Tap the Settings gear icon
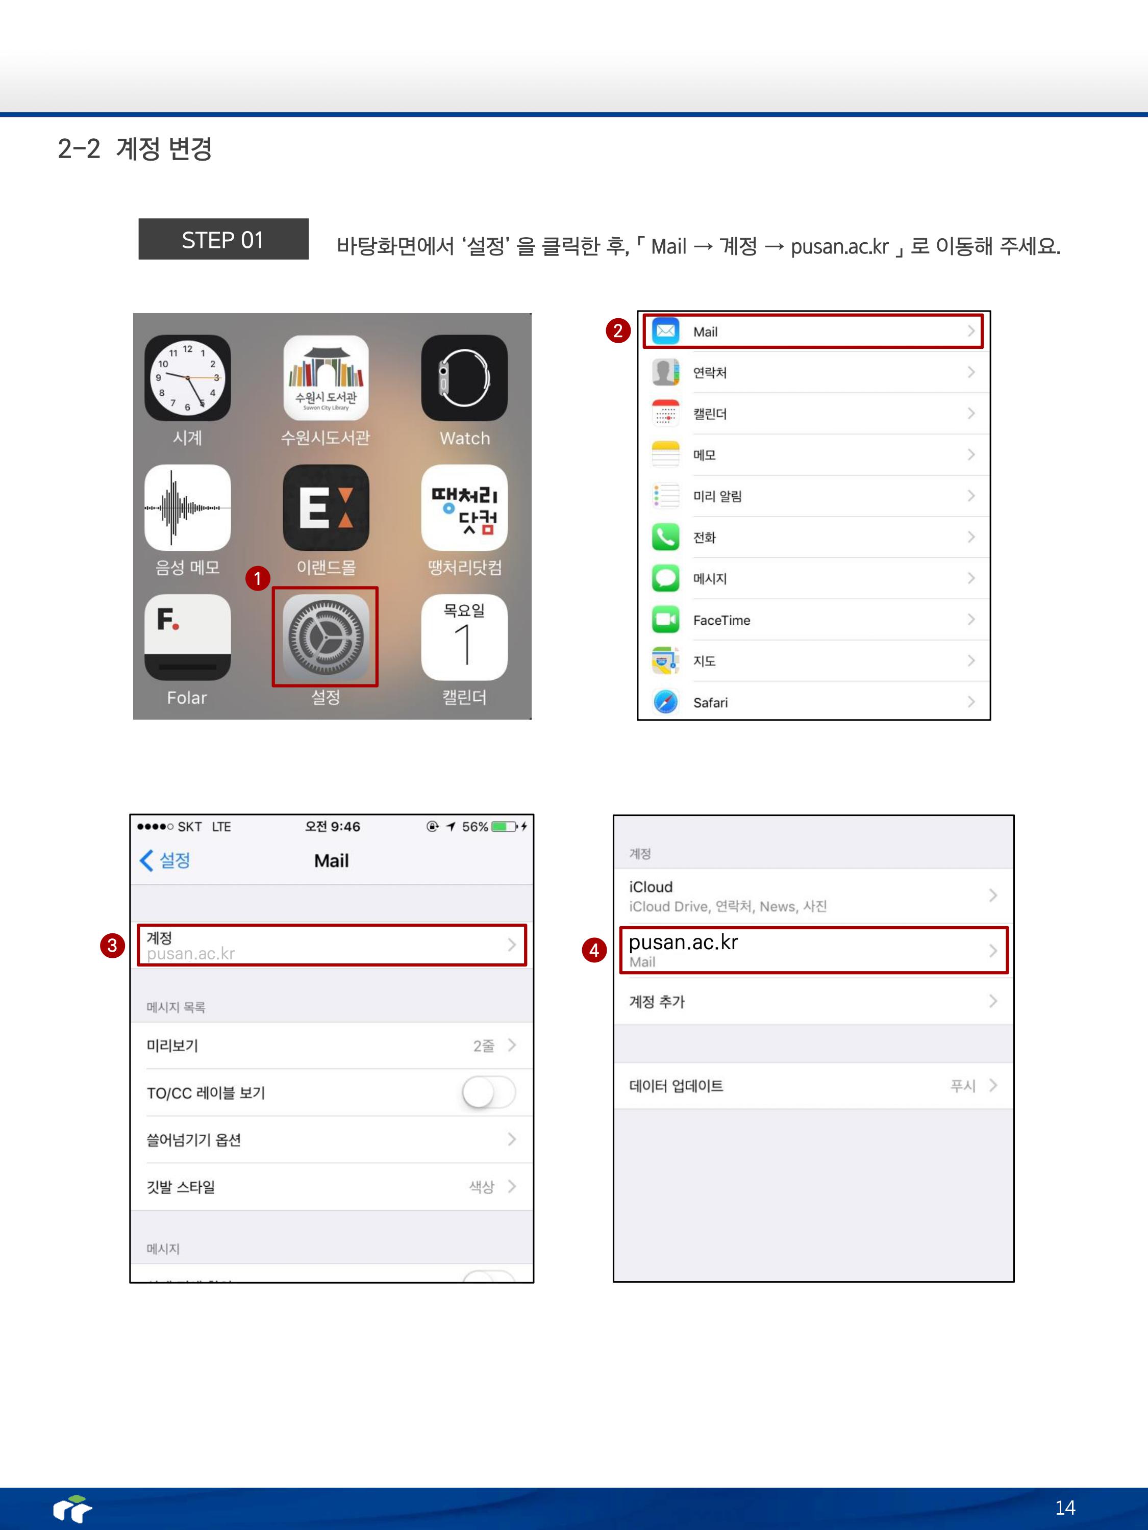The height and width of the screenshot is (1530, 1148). coord(325,637)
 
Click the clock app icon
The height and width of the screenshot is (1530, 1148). coord(188,378)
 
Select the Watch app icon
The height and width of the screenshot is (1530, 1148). coord(464,378)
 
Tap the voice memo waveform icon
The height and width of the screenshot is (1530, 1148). coord(188,507)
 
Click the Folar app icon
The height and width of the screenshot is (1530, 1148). coord(188,637)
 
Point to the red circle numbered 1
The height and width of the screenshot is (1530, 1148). coord(258,578)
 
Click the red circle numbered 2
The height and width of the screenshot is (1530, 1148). coord(618,330)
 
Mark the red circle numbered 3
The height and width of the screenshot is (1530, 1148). coord(112,946)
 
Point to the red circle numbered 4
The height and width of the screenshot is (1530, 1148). coord(594,950)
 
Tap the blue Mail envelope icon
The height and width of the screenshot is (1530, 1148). coord(666,331)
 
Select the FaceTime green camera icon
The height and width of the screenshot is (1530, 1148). coord(666,619)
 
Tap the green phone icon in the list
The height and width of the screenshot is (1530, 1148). coord(666,537)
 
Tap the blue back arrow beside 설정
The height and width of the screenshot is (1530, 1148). coord(146,860)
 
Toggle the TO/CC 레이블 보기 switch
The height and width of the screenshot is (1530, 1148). coord(489,1093)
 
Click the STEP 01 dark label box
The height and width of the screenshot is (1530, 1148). coord(223,239)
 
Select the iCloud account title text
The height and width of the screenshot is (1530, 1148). coord(651,887)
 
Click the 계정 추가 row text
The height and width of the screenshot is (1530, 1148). coord(657,1002)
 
